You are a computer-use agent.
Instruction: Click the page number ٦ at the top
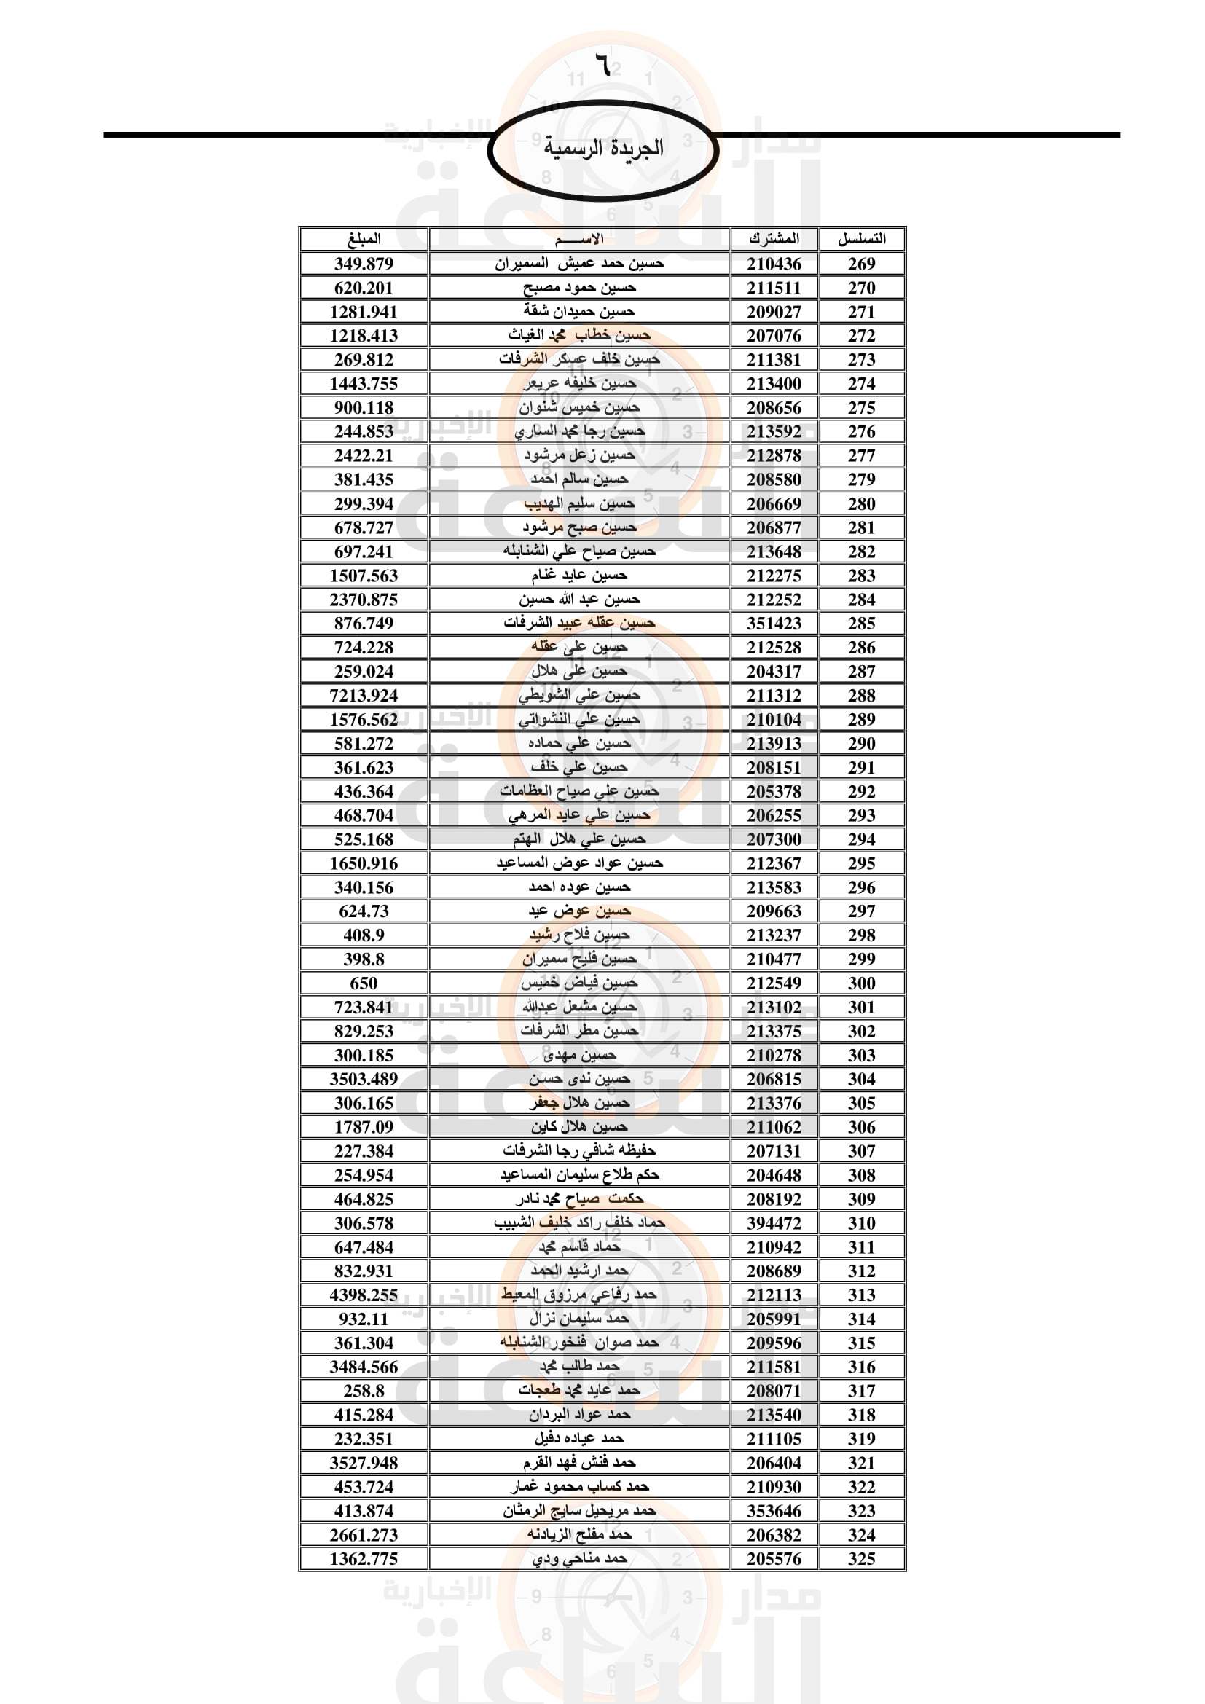coord(605,66)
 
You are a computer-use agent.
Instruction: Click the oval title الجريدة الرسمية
coord(603,149)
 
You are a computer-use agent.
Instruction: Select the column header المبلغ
coord(364,239)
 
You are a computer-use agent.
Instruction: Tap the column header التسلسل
coord(861,239)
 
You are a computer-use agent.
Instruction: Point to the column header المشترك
coord(774,239)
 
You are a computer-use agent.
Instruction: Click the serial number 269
coord(861,264)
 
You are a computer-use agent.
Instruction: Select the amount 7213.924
coord(364,696)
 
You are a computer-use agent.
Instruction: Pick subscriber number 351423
coord(774,624)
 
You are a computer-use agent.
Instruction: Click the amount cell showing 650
coord(364,983)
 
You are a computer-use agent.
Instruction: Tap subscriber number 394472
coord(774,1223)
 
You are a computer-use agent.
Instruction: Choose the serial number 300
coord(861,983)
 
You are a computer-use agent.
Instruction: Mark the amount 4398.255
coord(364,1295)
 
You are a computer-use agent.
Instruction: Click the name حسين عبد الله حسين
coord(579,599)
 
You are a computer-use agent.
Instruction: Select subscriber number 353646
coord(774,1511)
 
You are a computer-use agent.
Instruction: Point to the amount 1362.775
coord(364,1559)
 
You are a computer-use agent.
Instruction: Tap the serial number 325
coord(861,1559)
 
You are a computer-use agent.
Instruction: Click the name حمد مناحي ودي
coord(579,1558)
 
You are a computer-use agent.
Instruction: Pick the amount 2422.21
coord(364,455)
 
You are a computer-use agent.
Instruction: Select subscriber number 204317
coord(774,672)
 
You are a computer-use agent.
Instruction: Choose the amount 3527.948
coord(364,1463)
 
